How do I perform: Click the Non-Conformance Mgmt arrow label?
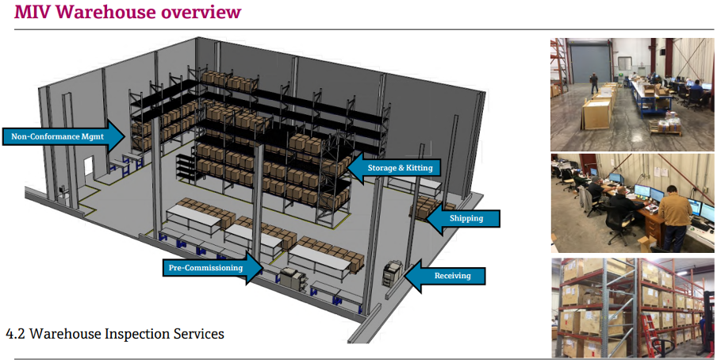[64, 136]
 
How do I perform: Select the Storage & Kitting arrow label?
[393, 168]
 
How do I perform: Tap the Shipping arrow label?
[462, 218]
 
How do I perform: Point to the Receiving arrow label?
[446, 276]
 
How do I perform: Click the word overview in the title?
[201, 11]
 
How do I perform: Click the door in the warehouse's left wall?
[89, 170]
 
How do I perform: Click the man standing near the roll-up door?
[593, 83]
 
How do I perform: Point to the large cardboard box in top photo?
[596, 113]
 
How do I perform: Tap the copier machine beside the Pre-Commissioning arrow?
[291, 278]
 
